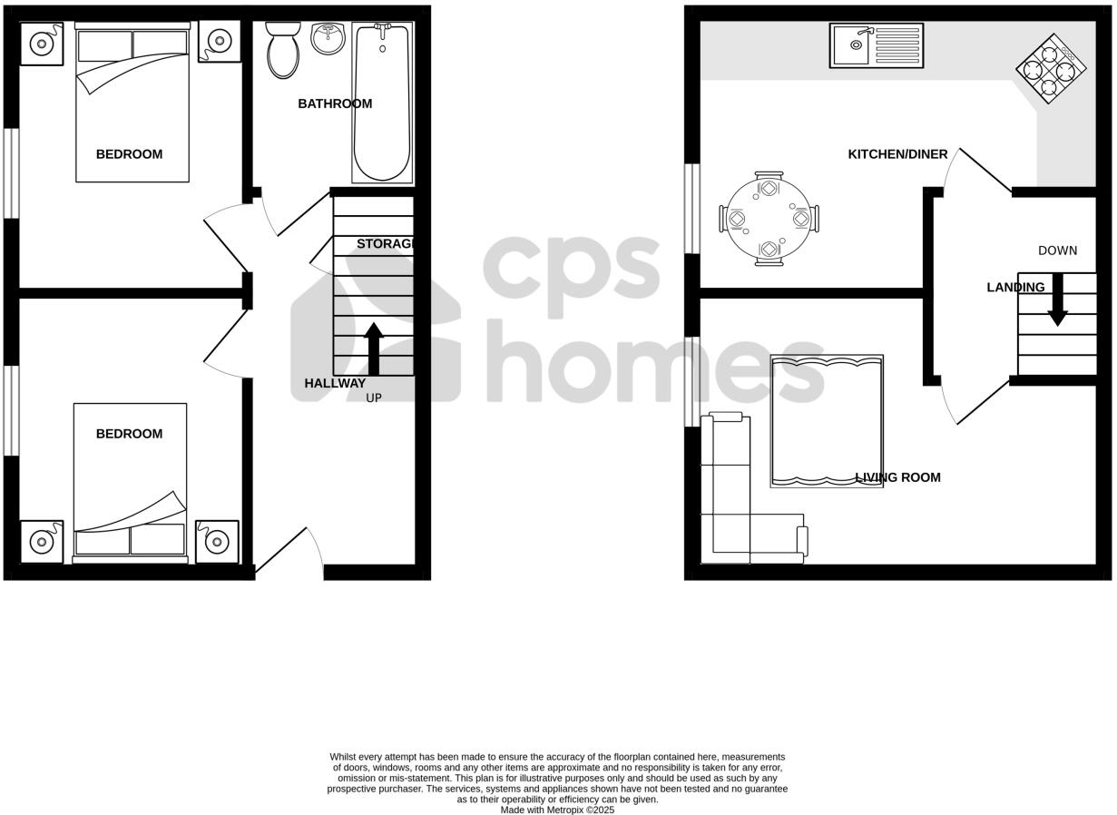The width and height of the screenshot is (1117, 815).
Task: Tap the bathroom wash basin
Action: [x=328, y=38]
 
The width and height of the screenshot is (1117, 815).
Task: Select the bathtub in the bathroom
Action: [x=382, y=103]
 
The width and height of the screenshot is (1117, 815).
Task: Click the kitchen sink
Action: [x=876, y=45]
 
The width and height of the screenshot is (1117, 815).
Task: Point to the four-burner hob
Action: [x=1051, y=68]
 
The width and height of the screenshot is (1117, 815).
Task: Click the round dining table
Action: [x=769, y=221]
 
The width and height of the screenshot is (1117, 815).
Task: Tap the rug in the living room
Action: [x=827, y=421]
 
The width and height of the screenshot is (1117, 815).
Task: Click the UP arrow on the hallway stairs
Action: [x=374, y=349]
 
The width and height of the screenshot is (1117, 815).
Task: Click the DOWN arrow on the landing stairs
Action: [x=1057, y=303]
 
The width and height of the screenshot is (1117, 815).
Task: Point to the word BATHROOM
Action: [x=335, y=103]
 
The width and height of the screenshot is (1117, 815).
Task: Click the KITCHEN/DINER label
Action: [x=897, y=154]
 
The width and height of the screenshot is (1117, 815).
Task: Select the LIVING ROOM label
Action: [x=898, y=477]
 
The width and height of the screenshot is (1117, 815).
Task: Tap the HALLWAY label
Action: [x=335, y=383]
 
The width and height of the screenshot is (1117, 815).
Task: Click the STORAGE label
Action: [x=386, y=243]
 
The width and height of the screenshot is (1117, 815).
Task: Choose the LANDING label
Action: [x=1015, y=287]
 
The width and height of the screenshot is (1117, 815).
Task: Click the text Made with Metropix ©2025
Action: [x=557, y=810]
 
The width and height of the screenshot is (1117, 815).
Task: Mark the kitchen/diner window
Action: [x=692, y=209]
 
